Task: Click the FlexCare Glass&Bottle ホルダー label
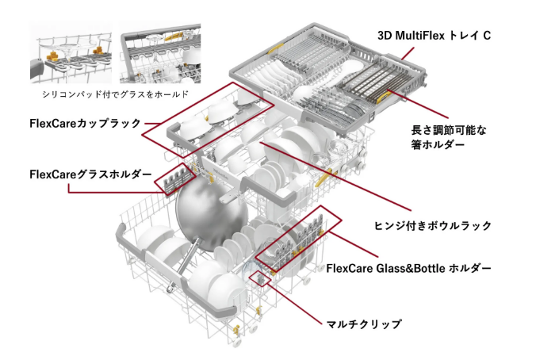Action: [x=408, y=268]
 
